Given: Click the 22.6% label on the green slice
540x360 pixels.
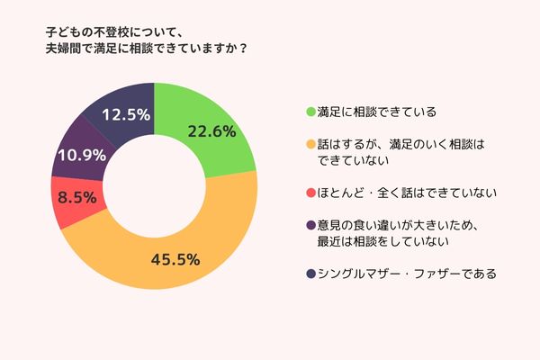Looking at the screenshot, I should [x=211, y=131].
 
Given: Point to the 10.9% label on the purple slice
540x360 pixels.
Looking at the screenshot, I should [x=79, y=155].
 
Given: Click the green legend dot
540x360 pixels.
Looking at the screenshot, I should [x=310, y=113].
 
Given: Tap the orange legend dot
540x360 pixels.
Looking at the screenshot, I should [x=310, y=145].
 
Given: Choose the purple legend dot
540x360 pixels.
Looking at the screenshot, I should [x=310, y=225].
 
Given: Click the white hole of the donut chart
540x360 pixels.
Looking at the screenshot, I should [x=155, y=184].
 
